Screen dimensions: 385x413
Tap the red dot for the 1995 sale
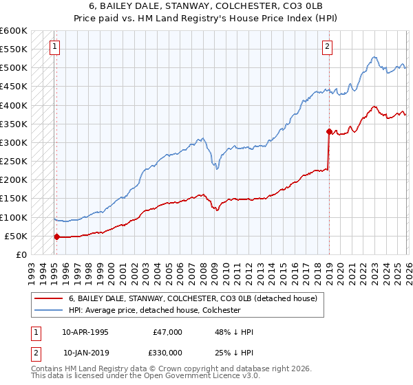point(56,236)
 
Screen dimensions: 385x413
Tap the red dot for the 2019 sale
point(329,131)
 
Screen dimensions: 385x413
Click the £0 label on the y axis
point(21,254)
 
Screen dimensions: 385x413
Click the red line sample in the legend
point(48,298)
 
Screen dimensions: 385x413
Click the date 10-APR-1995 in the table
point(85,331)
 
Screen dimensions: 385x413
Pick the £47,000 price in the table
point(168,331)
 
